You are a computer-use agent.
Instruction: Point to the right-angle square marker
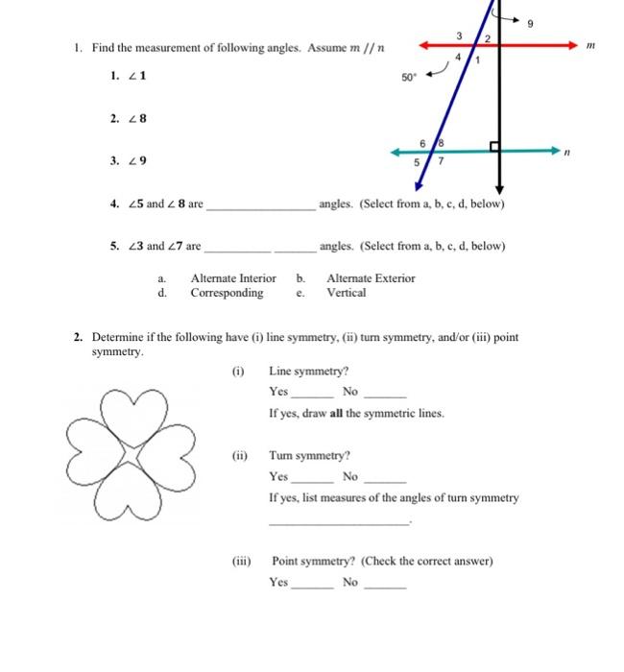pyautogui.click(x=494, y=147)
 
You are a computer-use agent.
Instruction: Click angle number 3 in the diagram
pyautogui.click(x=459, y=36)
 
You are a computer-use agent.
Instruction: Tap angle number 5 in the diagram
pyautogui.click(x=417, y=163)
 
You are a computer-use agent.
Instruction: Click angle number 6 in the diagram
pyautogui.click(x=423, y=143)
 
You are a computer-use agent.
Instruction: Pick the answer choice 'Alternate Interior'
pyautogui.click(x=233, y=278)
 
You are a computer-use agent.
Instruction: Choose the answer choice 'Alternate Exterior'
pyautogui.click(x=372, y=278)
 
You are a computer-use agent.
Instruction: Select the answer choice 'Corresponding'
pyautogui.click(x=227, y=293)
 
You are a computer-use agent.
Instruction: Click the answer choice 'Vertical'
pyautogui.click(x=346, y=293)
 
